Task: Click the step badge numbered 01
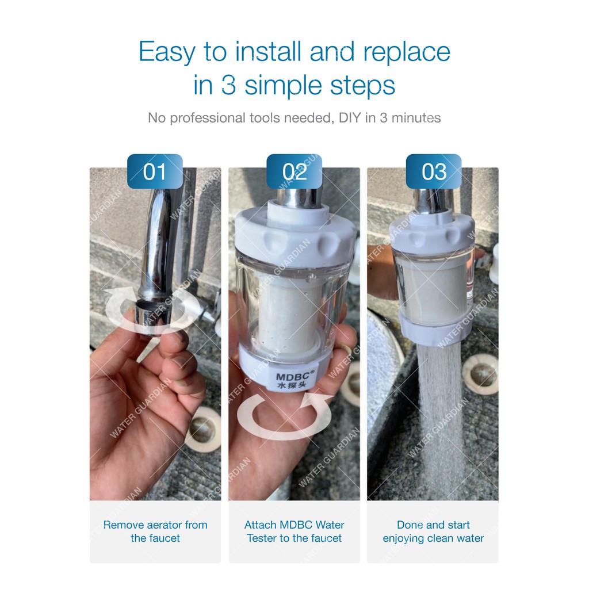(x=155, y=171)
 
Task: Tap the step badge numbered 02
(x=294, y=171)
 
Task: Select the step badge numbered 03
(x=434, y=171)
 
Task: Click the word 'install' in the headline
(x=268, y=51)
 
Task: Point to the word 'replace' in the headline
(x=407, y=52)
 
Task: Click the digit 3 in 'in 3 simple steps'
(x=229, y=85)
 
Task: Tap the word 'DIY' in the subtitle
(x=350, y=117)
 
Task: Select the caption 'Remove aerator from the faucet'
(x=155, y=531)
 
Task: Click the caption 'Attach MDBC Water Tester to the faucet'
(x=294, y=531)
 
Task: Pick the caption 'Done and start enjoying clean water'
(x=433, y=531)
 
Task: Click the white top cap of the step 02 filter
(x=295, y=233)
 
